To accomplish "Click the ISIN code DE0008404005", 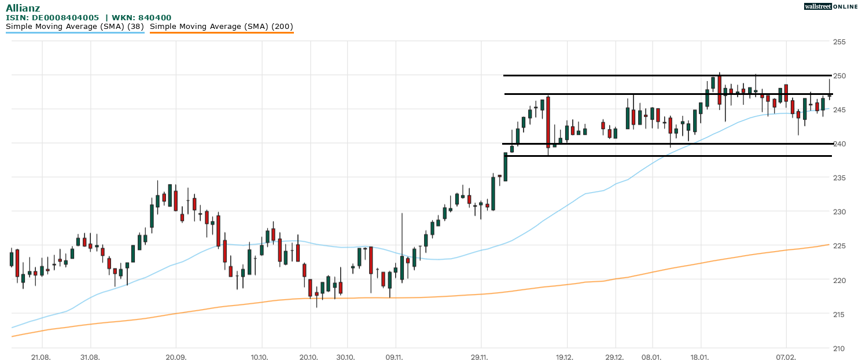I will click(65, 18).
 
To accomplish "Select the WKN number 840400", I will click(154, 18).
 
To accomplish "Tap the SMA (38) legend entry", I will click(75, 27).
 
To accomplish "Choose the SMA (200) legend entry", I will click(221, 27).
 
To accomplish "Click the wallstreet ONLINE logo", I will click(831, 6).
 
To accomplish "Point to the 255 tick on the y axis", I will click(839, 42).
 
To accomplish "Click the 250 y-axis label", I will click(839, 76).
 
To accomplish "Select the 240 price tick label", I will click(839, 144).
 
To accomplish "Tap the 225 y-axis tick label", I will click(839, 247).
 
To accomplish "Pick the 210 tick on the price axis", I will click(839, 348).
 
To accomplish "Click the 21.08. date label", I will click(41, 357).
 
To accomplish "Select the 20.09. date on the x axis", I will click(175, 357).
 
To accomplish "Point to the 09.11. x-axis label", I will click(395, 357).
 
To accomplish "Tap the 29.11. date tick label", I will click(480, 357).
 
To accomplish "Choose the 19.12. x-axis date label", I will click(565, 357).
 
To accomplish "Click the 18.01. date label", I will click(700, 357).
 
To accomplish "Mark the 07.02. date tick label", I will click(786, 357).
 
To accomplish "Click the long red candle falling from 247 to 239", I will click(548, 122).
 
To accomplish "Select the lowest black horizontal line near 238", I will click(665, 156).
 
